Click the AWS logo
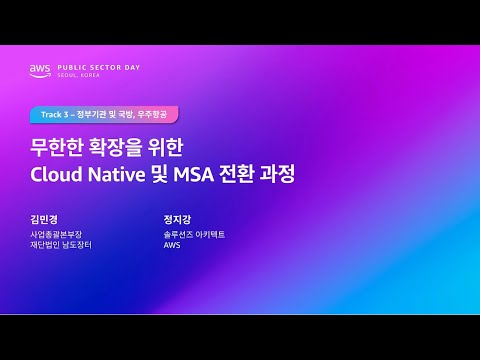(x=40, y=70)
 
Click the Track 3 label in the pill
(x=53, y=114)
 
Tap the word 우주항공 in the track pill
(x=158, y=114)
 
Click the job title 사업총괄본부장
(x=56, y=234)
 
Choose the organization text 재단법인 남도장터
(x=61, y=245)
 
